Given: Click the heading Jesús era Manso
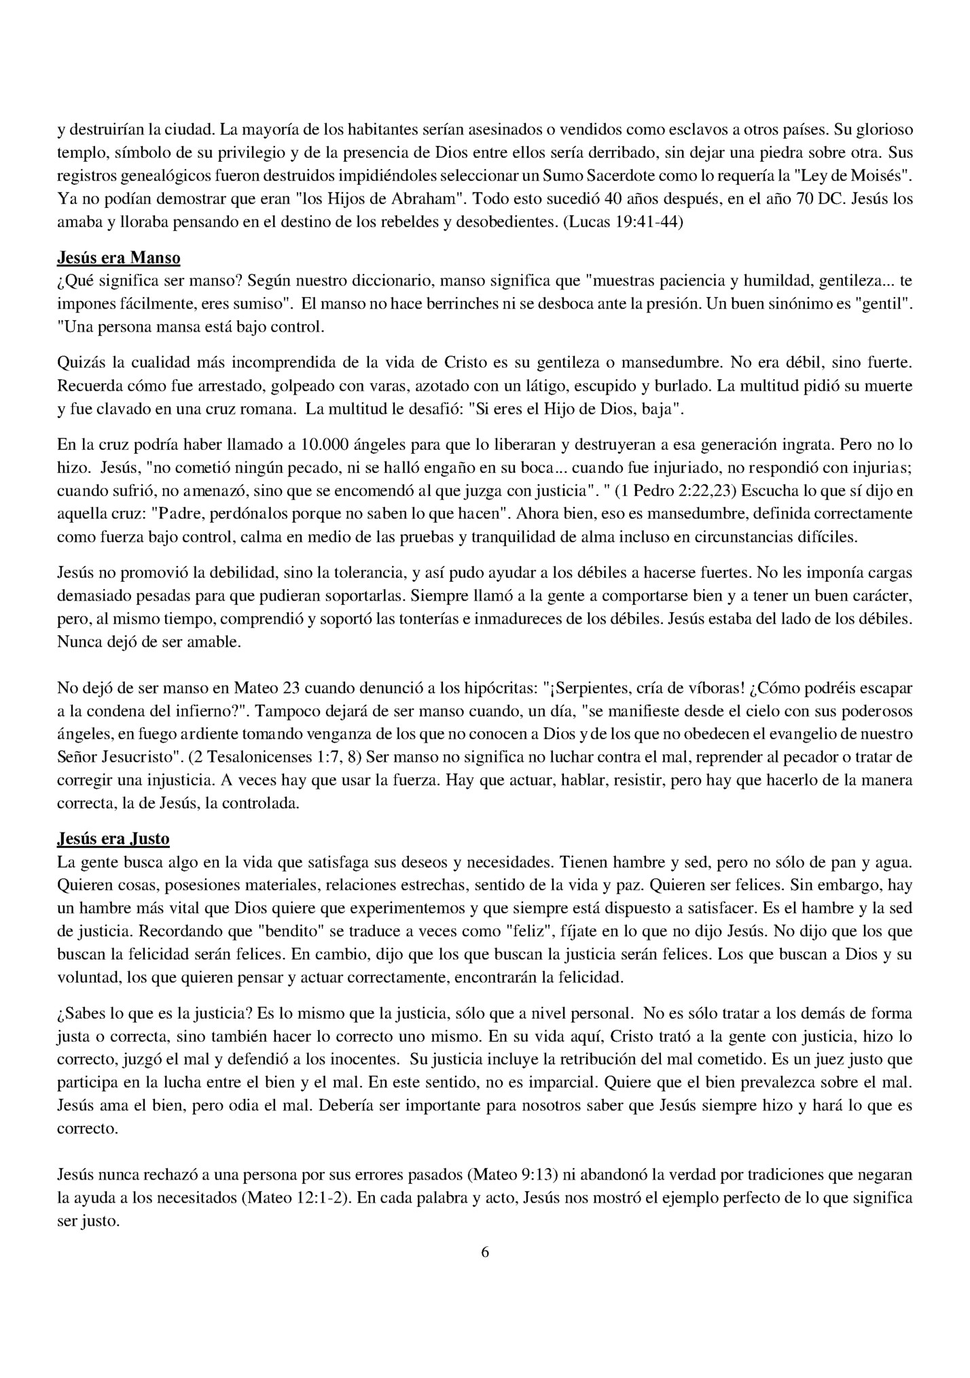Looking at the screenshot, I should tap(118, 258).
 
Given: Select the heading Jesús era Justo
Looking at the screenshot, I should tap(113, 838).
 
